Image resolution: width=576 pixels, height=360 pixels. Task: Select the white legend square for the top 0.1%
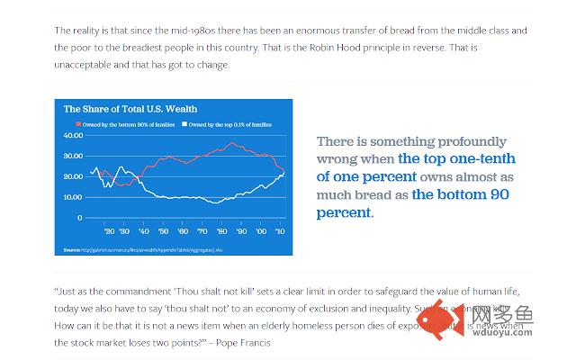click(184, 122)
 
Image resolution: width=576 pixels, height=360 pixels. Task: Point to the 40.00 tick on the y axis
click(71, 135)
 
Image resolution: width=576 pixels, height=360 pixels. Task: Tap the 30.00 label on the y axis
click(71, 156)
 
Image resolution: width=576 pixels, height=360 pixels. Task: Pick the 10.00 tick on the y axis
click(71, 196)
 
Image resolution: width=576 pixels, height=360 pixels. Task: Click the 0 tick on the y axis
click(79, 217)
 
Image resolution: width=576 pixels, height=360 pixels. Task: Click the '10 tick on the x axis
click(280, 230)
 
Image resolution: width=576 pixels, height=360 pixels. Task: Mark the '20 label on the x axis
click(108, 230)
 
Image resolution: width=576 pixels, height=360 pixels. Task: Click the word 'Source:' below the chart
click(71, 249)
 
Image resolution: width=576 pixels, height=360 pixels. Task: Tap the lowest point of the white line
click(216, 202)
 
